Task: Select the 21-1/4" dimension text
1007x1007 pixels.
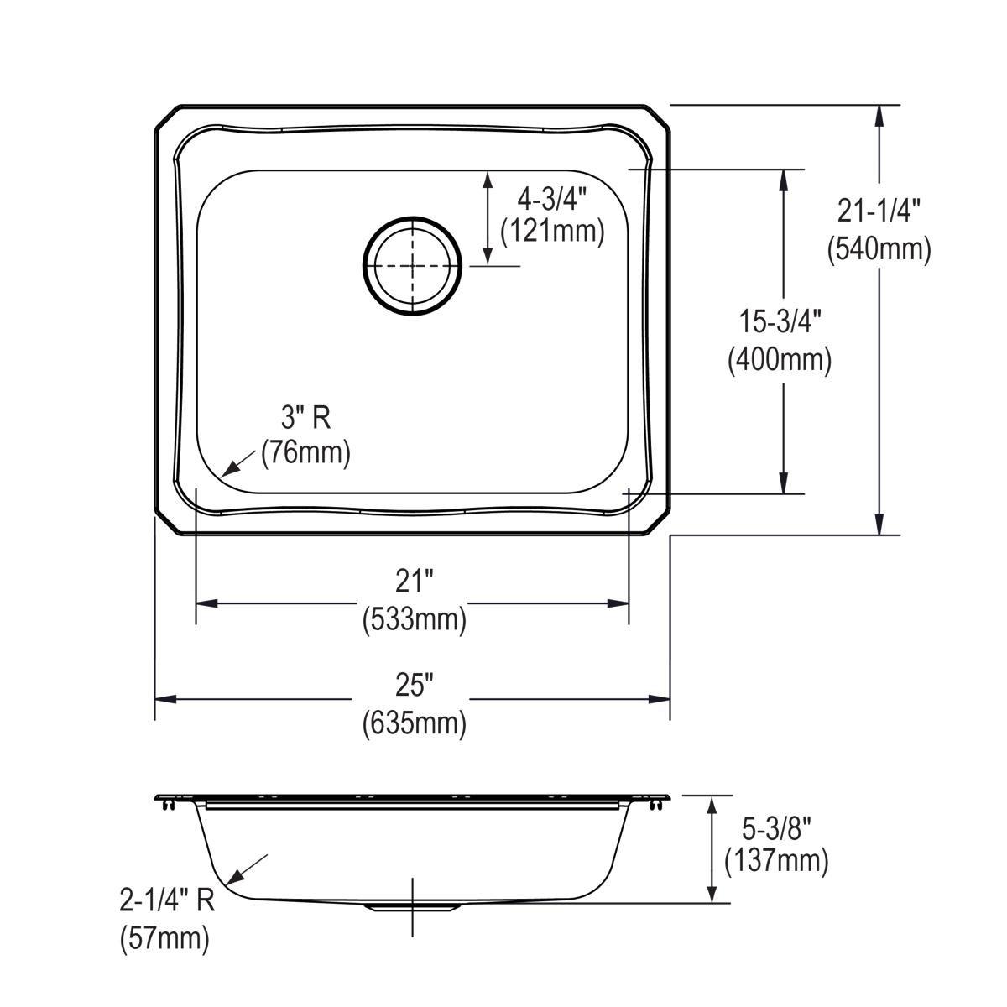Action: click(x=879, y=211)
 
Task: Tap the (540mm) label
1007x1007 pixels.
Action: click(x=879, y=249)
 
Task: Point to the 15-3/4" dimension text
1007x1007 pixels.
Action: click(x=780, y=321)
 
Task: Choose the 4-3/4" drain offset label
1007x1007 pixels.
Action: click(x=551, y=198)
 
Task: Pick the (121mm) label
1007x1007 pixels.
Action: click(x=551, y=230)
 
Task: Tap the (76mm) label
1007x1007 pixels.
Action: click(x=305, y=453)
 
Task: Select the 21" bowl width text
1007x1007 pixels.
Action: click(x=414, y=581)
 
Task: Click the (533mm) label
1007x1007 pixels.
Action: click(x=414, y=619)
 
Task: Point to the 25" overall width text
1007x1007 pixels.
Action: click(x=414, y=684)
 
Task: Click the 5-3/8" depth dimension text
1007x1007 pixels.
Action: click(x=776, y=828)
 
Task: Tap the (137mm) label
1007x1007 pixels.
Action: click(x=776, y=862)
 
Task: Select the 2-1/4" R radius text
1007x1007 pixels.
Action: click(x=167, y=902)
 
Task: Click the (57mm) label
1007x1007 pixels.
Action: click(x=164, y=937)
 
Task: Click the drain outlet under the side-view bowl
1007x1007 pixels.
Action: click(x=413, y=908)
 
